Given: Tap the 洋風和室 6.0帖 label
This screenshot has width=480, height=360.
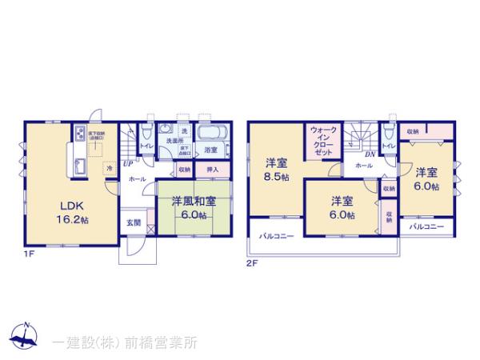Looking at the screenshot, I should [188, 208].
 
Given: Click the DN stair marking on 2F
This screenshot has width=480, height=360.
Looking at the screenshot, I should [370, 154].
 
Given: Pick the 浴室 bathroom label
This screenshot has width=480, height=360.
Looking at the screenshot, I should [211, 150].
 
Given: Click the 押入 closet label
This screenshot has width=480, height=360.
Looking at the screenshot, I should [213, 170].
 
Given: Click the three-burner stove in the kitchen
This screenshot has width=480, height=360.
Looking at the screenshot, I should [82, 134].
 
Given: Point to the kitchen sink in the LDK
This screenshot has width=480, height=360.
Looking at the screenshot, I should [82, 164].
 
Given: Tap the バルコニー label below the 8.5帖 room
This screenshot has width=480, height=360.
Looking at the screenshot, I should [276, 237].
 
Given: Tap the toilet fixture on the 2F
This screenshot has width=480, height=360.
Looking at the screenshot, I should [386, 129].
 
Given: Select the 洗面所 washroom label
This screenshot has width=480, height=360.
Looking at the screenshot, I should [175, 141].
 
